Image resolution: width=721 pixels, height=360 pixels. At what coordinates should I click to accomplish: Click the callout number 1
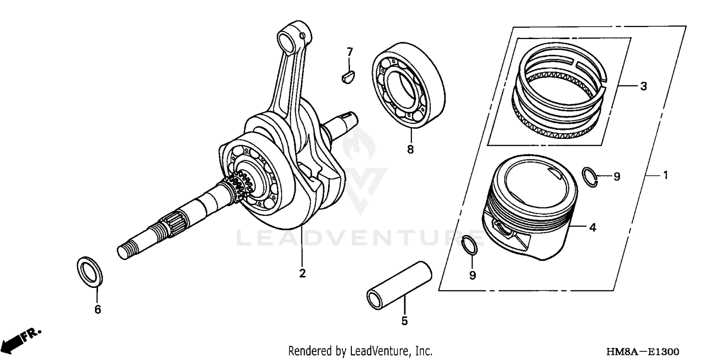(666, 176)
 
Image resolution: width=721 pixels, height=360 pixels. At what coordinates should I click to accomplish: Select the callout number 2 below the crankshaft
(302, 273)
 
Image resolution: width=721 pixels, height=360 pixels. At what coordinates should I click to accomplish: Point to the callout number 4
(593, 227)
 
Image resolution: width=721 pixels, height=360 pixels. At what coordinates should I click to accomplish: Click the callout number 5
(404, 321)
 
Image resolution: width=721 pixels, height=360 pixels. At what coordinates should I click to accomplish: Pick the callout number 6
(98, 310)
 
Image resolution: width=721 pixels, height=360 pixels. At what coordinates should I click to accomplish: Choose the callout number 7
(349, 51)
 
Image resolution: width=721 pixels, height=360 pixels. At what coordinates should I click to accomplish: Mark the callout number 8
(410, 149)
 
